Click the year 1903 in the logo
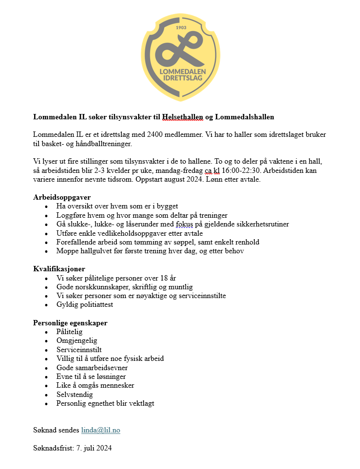[181, 28]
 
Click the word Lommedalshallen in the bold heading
[245, 117]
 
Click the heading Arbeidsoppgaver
[62, 197]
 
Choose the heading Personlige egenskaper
[70, 323]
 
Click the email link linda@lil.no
[100, 430]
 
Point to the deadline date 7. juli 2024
[94, 448]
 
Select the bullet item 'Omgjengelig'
[76, 340]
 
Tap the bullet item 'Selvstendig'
[75, 394]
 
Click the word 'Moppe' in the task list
[67, 251]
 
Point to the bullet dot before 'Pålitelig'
[46, 332]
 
